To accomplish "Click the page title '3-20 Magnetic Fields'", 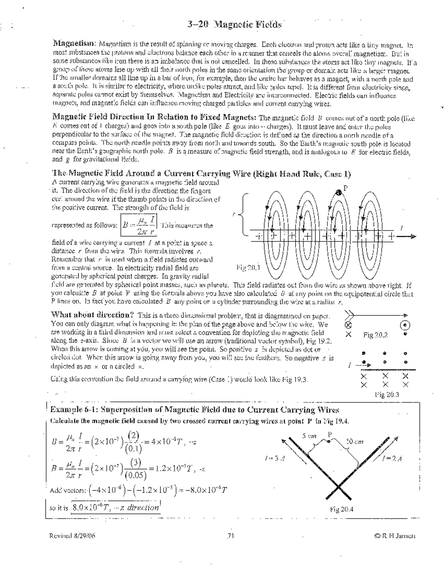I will (x=234, y=25).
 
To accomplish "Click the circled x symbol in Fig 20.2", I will (x=348, y=325).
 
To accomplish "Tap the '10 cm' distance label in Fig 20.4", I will (x=354, y=441).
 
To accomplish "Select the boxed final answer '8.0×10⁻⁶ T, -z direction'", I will (x=115, y=508).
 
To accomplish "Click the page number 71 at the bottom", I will (x=230, y=536).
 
